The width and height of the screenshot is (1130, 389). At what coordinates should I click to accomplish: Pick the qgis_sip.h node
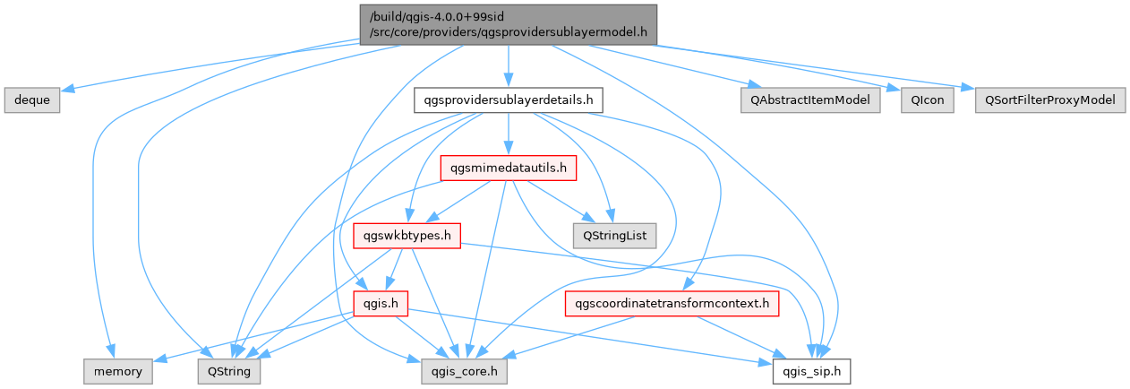click(x=812, y=369)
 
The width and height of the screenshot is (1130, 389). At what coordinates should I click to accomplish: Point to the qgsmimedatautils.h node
click(x=508, y=168)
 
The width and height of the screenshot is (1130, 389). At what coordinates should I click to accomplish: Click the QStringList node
click(x=614, y=236)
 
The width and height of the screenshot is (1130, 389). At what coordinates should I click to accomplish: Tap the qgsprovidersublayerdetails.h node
click(x=508, y=100)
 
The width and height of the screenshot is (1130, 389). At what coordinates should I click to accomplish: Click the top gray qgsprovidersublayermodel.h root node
click(x=507, y=25)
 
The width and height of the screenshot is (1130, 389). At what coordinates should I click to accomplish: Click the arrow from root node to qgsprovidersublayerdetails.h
click(x=508, y=67)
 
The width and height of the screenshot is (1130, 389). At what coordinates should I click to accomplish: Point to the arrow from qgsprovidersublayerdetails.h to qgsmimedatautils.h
click(x=508, y=134)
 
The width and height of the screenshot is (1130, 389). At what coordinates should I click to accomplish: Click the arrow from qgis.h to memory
click(x=251, y=337)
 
